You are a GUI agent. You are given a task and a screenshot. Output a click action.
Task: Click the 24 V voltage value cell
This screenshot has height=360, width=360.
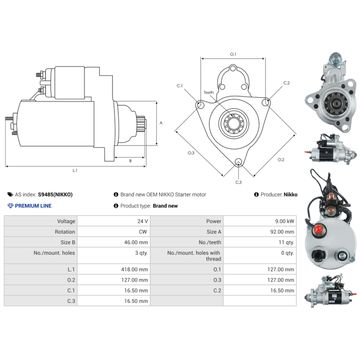143,221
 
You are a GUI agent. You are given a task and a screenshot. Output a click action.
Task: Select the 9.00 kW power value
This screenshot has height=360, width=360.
285,221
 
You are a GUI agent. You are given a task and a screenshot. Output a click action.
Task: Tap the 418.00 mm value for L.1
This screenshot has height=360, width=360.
137,270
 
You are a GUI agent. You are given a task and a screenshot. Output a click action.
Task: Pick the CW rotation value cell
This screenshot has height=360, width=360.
144,232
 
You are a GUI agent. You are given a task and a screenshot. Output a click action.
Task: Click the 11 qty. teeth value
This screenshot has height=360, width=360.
286,242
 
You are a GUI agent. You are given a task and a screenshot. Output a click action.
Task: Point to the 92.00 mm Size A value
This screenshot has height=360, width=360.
283,232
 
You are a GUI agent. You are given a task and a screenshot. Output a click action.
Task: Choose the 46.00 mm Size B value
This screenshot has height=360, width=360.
137,242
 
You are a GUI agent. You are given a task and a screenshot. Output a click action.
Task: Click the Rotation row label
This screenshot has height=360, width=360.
65,232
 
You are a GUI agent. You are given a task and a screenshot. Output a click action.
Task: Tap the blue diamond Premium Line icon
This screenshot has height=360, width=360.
10,206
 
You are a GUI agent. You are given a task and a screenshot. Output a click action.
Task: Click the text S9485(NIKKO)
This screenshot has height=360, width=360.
55,195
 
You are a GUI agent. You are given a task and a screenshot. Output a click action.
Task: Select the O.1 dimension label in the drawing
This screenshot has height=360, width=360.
233,54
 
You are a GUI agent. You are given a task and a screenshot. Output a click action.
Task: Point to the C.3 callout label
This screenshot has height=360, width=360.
238,182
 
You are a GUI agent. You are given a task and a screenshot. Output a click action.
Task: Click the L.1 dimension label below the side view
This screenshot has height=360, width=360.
75,171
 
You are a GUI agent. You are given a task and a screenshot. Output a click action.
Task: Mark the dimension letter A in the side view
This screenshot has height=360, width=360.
161,123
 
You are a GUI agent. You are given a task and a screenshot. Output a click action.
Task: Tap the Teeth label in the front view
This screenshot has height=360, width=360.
209,93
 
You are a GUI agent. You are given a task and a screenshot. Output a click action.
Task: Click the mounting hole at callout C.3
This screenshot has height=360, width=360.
238,162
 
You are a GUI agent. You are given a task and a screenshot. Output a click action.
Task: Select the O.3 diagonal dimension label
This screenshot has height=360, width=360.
191,153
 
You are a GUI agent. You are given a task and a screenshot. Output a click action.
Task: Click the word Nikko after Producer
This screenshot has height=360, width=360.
290,195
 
